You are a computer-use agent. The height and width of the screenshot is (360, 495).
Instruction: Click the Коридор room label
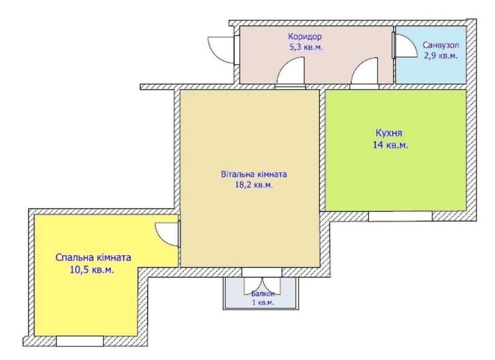tap(305, 37)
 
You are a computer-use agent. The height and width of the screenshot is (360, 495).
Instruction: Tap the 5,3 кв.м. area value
tap(306, 48)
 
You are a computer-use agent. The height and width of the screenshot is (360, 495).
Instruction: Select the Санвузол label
tap(440, 45)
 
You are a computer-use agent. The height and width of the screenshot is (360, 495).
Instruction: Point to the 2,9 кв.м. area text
tap(440, 56)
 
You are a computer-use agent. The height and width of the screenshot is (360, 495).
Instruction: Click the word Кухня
tap(388, 133)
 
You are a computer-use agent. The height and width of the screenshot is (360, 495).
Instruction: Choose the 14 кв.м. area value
tap(391, 146)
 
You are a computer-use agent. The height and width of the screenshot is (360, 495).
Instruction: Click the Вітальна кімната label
tap(254, 174)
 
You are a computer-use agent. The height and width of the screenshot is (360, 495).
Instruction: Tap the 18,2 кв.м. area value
tap(254, 185)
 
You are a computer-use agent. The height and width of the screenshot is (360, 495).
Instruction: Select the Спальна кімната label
tap(93, 258)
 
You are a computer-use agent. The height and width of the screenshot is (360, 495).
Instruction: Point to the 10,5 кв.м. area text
tap(92, 270)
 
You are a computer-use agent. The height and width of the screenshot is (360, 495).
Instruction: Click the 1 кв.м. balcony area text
tap(262, 303)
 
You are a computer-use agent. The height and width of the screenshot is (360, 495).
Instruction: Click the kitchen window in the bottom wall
tap(400, 216)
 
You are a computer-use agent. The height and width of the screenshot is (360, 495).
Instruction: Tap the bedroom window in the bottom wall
tap(80, 341)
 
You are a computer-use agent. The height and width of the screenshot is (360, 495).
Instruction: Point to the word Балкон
tap(262, 294)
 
